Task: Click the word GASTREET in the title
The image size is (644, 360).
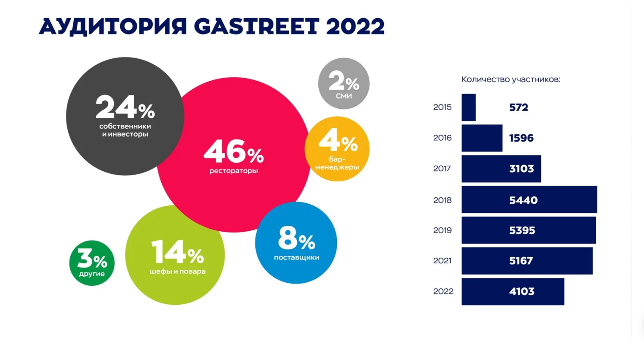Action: click(x=256, y=27)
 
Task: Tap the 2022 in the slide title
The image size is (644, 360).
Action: click(x=355, y=27)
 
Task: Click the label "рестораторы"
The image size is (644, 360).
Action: click(x=233, y=171)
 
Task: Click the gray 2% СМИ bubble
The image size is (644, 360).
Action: click(x=344, y=83)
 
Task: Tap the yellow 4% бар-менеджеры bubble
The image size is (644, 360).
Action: click(x=337, y=149)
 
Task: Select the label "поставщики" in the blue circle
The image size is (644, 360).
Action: click(x=296, y=258)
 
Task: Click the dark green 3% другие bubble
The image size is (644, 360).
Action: click(x=92, y=263)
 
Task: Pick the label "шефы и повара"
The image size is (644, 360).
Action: click(x=177, y=272)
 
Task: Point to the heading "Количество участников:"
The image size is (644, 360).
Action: click(x=511, y=79)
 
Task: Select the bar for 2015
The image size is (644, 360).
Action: click(x=468, y=107)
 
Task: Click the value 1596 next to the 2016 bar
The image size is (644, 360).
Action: click(x=521, y=138)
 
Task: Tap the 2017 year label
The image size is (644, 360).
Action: click(x=442, y=169)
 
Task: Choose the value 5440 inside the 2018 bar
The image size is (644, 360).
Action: click(x=523, y=200)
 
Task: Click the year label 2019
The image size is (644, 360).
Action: click(x=442, y=231)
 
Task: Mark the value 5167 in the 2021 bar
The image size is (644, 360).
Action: click(x=521, y=261)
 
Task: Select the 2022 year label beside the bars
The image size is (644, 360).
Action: click(x=443, y=292)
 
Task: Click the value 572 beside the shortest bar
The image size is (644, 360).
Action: click(x=518, y=107)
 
